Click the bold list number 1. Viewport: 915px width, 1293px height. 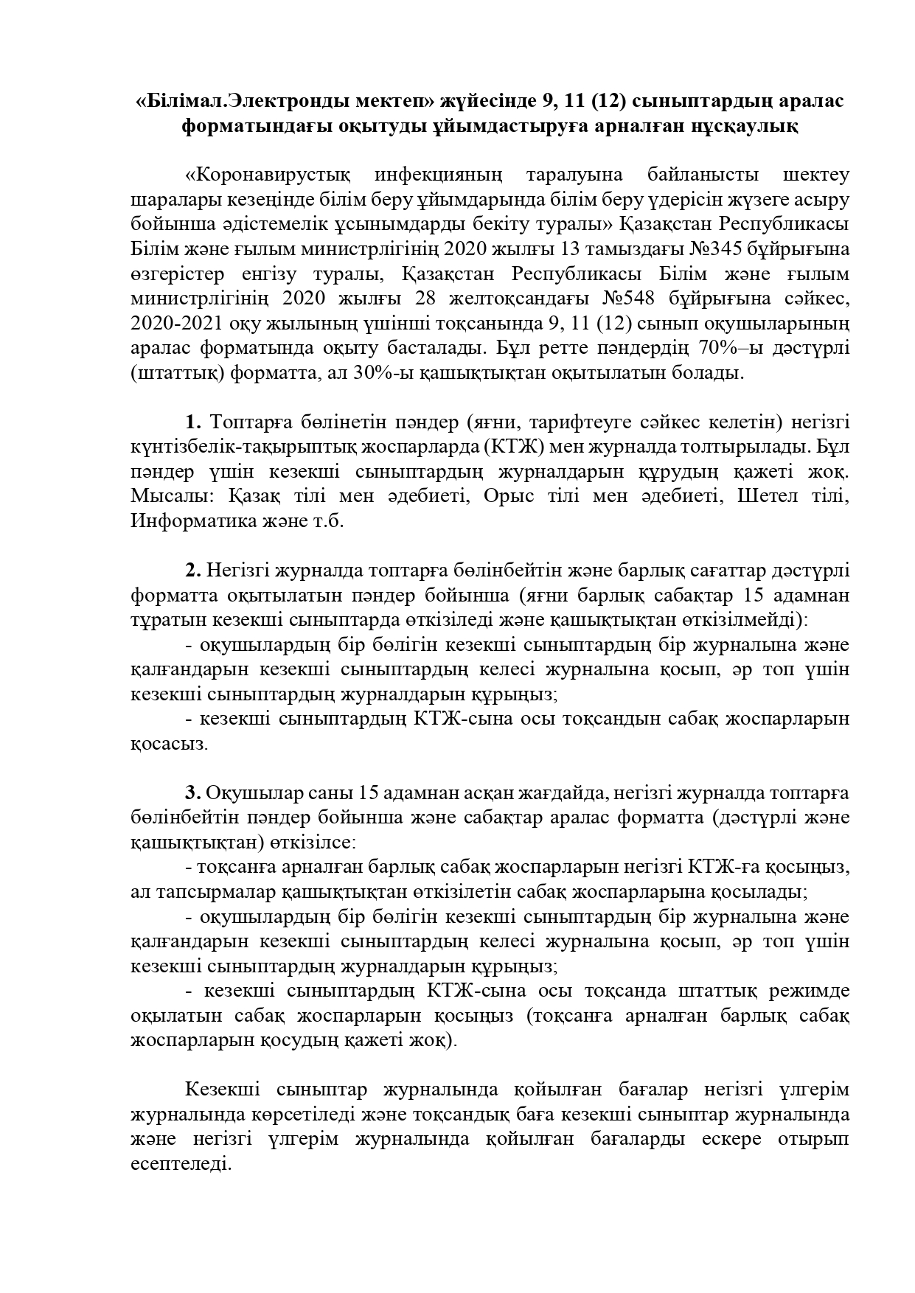click(193, 423)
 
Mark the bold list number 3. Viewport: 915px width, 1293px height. click(193, 794)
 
